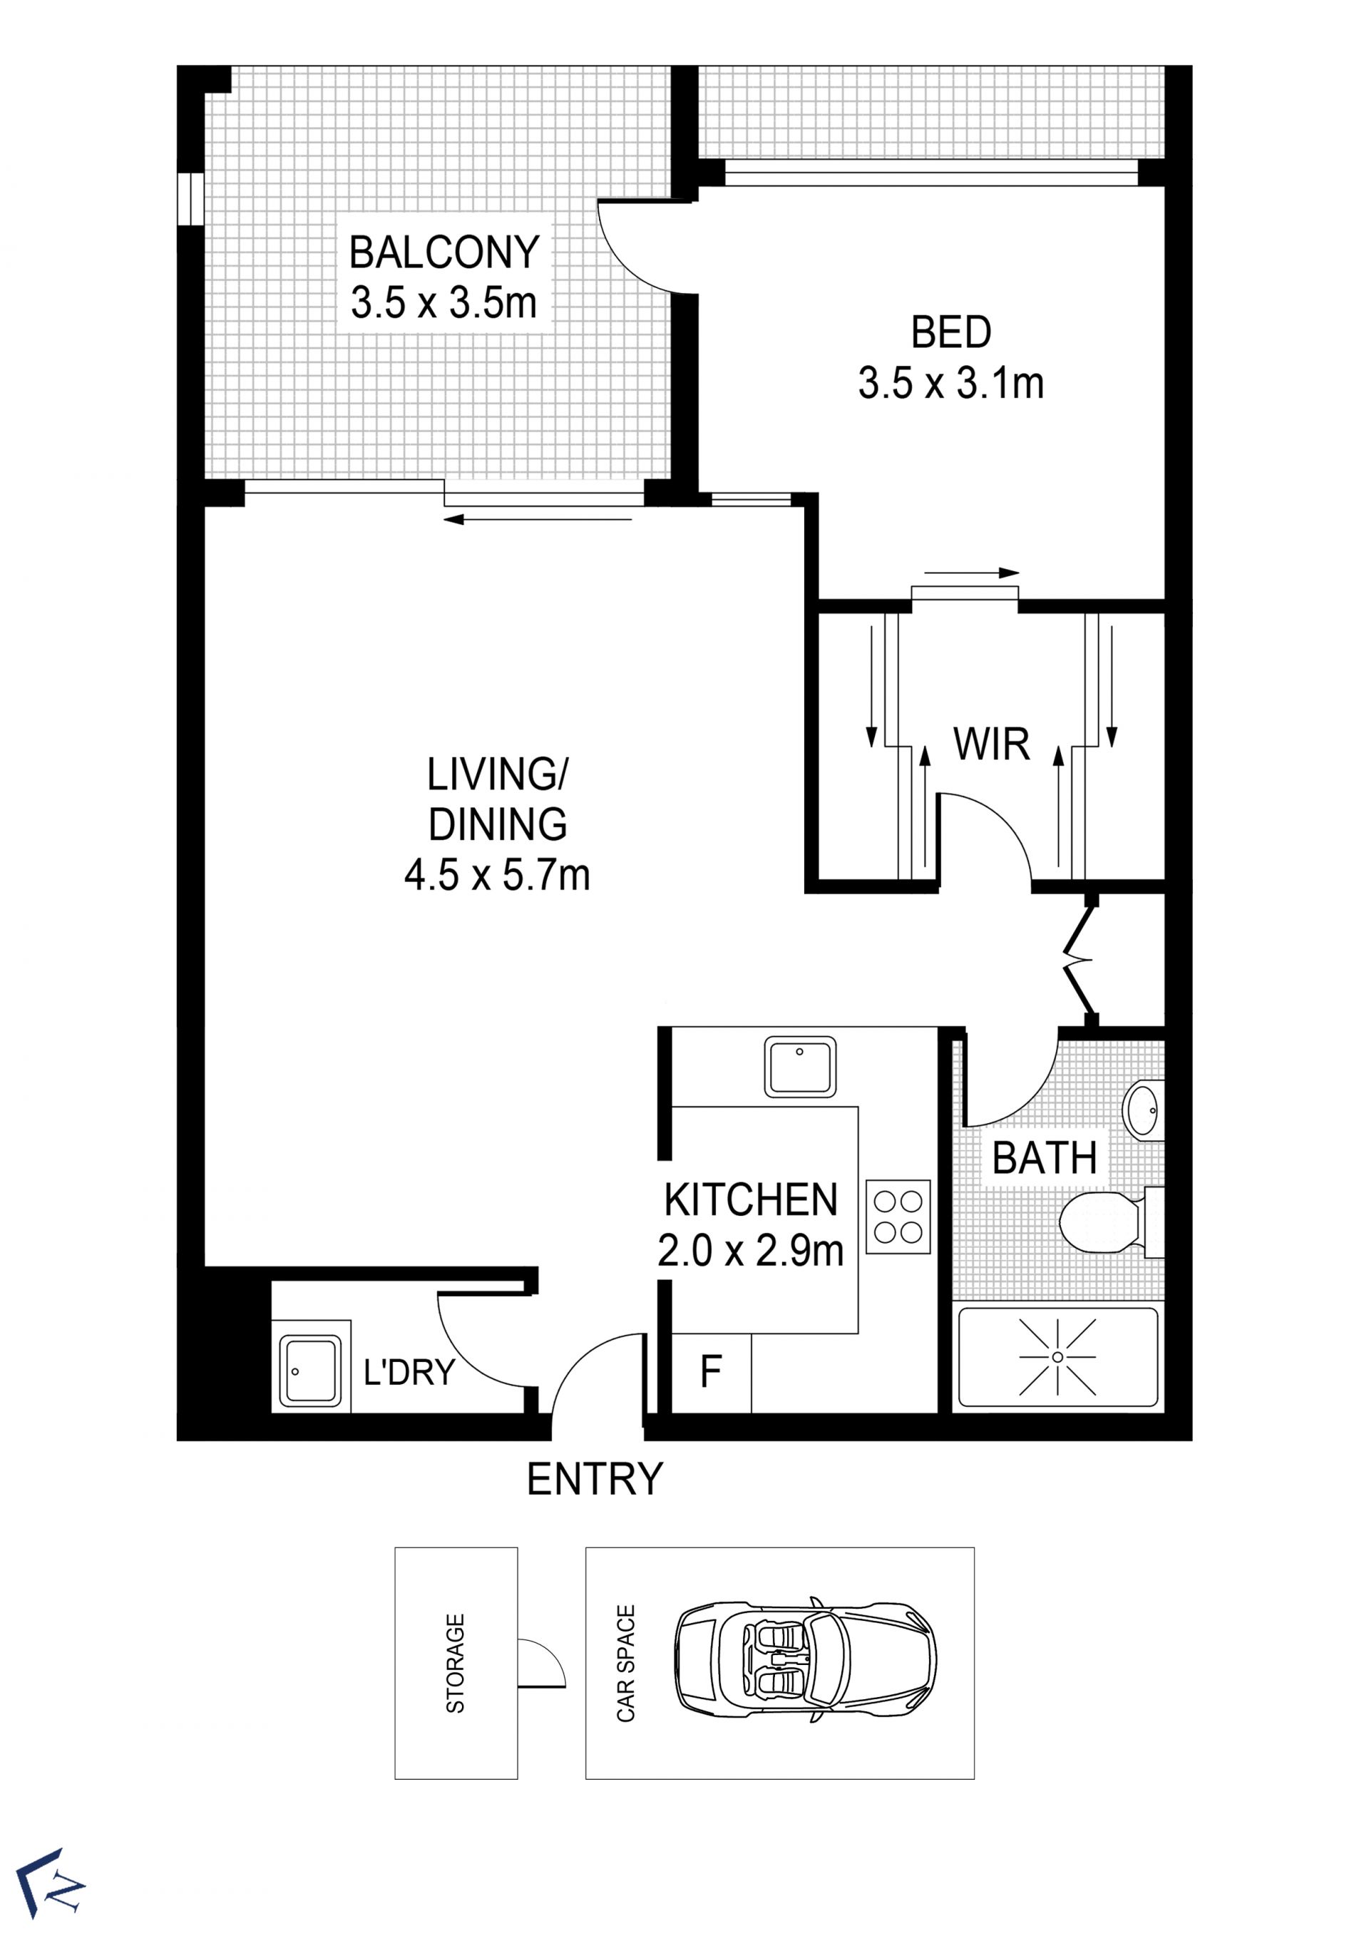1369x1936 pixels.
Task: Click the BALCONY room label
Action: [444, 252]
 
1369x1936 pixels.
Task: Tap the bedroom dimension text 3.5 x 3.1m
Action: [951, 384]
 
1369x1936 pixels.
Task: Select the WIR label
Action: [991, 744]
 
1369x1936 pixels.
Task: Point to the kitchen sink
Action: [800, 1067]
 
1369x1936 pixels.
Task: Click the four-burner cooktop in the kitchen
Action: [898, 1217]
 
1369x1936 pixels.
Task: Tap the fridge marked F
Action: [711, 1372]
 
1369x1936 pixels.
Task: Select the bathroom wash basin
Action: [1146, 1110]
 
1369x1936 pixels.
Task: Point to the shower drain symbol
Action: [1057, 1357]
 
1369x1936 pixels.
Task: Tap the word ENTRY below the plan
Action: [595, 1479]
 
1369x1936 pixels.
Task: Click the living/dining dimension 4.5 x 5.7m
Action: [498, 875]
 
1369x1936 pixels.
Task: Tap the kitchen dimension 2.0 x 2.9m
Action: [751, 1251]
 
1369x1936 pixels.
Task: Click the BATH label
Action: [1045, 1159]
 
